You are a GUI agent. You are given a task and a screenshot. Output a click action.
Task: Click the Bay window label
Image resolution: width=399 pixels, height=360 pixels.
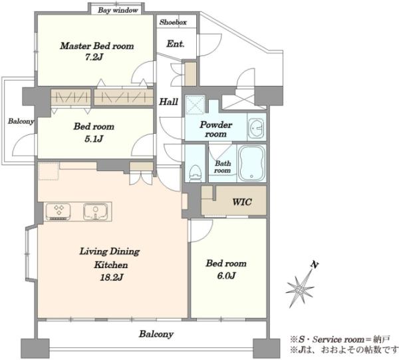tap(118, 11)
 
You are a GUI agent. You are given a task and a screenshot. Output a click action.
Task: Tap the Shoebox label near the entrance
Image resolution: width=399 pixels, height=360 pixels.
tap(173, 22)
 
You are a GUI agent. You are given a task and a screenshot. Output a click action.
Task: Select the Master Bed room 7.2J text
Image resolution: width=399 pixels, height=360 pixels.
tap(97, 51)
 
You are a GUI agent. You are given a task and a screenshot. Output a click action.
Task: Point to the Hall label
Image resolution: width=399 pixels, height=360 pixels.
tap(168, 102)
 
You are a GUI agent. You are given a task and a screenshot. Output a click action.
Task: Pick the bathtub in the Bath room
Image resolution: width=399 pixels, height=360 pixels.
tap(251, 163)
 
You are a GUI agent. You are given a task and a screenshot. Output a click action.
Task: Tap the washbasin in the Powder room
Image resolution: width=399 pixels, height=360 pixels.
tap(257, 127)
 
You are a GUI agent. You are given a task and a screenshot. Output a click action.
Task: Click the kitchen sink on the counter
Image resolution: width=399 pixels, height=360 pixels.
tap(95, 212)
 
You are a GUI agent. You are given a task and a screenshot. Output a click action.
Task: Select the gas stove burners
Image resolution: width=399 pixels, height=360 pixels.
tap(59, 212)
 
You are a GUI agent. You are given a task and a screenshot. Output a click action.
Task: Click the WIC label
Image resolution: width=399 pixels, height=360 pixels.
tap(242, 202)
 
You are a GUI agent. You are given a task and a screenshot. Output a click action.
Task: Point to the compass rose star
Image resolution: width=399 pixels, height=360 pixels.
tap(301, 289)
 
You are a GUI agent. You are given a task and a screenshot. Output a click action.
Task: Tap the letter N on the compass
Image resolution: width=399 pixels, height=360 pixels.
tap(315, 265)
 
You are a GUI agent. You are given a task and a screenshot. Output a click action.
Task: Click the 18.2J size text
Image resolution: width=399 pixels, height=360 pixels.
tap(111, 277)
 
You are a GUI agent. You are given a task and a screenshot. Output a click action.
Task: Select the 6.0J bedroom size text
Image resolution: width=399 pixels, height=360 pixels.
tap(226, 275)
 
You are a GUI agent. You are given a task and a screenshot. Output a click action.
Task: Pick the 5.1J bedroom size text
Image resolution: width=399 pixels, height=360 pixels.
tap(94, 139)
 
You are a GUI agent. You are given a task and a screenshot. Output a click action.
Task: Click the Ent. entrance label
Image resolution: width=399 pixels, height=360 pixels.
tap(176, 44)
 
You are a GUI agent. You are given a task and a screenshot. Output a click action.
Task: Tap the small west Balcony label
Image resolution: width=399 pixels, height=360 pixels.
tap(21, 121)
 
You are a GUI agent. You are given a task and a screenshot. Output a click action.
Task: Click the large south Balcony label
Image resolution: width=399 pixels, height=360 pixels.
tap(156, 334)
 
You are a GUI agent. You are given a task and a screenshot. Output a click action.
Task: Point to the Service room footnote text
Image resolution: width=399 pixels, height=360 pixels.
tap(340, 339)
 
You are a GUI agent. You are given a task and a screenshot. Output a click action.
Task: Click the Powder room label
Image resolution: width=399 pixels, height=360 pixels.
tap(215, 129)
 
